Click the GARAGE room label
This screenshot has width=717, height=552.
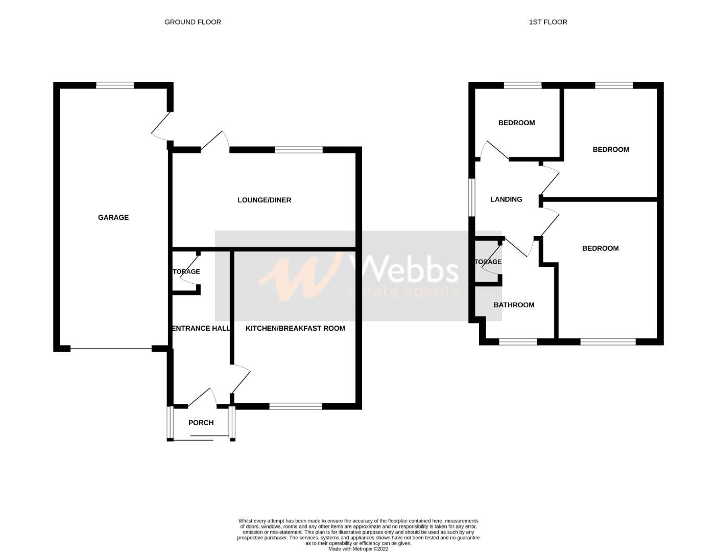(113, 217)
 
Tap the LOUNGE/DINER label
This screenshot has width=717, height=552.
(264, 200)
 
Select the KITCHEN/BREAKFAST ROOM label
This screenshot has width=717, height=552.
(295, 328)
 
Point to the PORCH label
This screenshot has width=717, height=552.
(201, 423)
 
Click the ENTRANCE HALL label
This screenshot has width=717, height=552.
(201, 328)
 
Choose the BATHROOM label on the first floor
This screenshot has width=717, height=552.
(514, 305)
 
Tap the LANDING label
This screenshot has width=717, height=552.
(506, 199)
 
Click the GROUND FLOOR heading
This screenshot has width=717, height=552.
(193, 22)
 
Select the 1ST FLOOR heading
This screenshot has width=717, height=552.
(548, 22)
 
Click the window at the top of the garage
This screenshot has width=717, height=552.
(115, 85)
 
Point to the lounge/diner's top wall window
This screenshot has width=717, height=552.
(299, 150)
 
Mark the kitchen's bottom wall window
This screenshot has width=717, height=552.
(296, 406)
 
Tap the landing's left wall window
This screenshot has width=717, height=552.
(472, 197)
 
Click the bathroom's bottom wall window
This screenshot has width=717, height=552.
(518, 341)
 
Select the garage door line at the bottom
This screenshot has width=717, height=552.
(111, 349)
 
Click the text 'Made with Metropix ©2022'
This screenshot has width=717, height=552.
(358, 549)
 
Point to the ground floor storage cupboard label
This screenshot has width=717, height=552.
(186, 271)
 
